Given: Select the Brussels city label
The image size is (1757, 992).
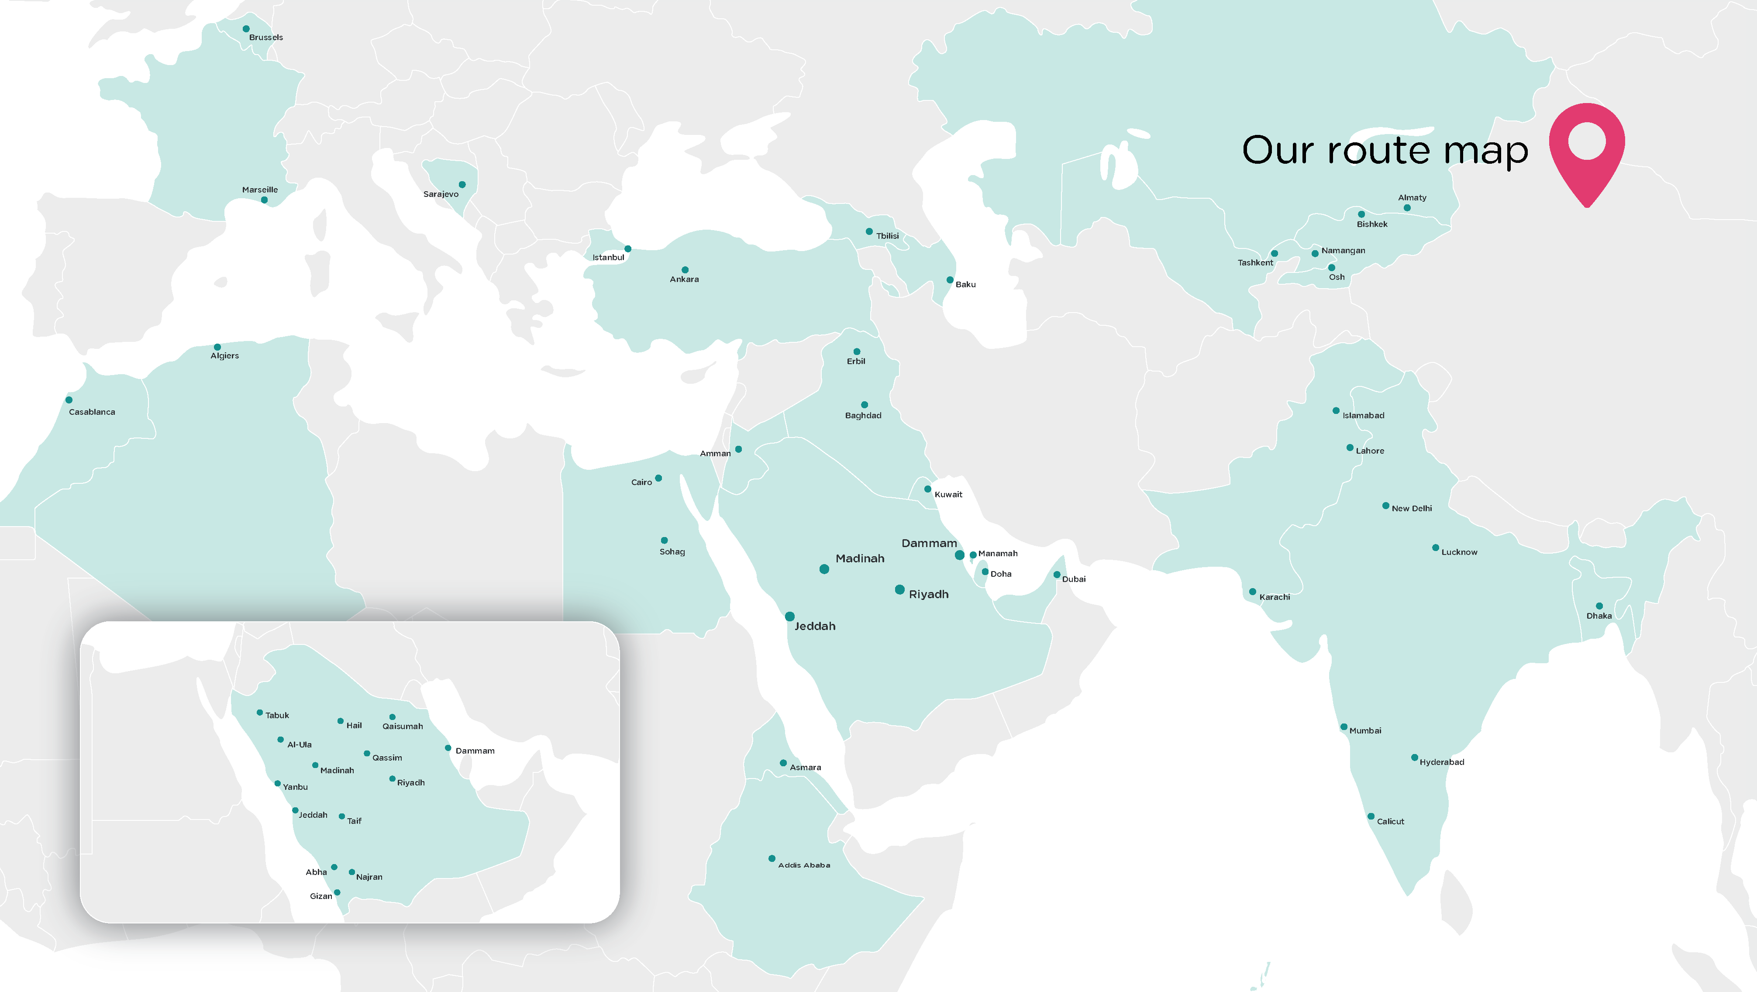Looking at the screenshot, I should pyautogui.click(x=266, y=38).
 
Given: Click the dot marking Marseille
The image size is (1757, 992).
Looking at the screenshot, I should pyautogui.click(x=264, y=200).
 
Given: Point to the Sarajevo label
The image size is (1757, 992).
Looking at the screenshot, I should pyautogui.click(x=441, y=194).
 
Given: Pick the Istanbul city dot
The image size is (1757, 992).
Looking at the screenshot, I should pyautogui.click(x=627, y=249).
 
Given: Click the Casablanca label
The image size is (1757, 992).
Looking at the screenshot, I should pyautogui.click(x=92, y=412).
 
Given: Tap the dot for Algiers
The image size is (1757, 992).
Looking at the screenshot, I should pyautogui.click(x=217, y=347).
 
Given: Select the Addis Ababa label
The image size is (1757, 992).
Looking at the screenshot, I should pyautogui.click(x=804, y=865).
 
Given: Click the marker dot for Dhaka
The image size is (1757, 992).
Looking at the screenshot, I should pyautogui.click(x=1599, y=606).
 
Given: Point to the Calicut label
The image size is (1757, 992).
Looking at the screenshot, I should pyautogui.click(x=1390, y=821).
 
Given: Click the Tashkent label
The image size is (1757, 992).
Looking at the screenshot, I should pyautogui.click(x=1255, y=263).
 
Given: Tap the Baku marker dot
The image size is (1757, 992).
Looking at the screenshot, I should pyautogui.click(x=949, y=280).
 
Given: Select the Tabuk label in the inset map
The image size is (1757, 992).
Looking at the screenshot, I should pyautogui.click(x=277, y=716).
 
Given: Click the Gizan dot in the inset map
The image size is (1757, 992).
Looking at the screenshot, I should pyautogui.click(x=337, y=892).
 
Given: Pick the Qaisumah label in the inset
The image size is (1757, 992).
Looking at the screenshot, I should pyautogui.click(x=403, y=727).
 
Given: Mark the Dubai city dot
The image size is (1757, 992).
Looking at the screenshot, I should pyautogui.click(x=1057, y=575).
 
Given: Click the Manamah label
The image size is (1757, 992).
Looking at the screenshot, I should pyautogui.click(x=998, y=553).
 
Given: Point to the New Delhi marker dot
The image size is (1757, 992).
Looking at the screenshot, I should pyautogui.click(x=1385, y=506).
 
